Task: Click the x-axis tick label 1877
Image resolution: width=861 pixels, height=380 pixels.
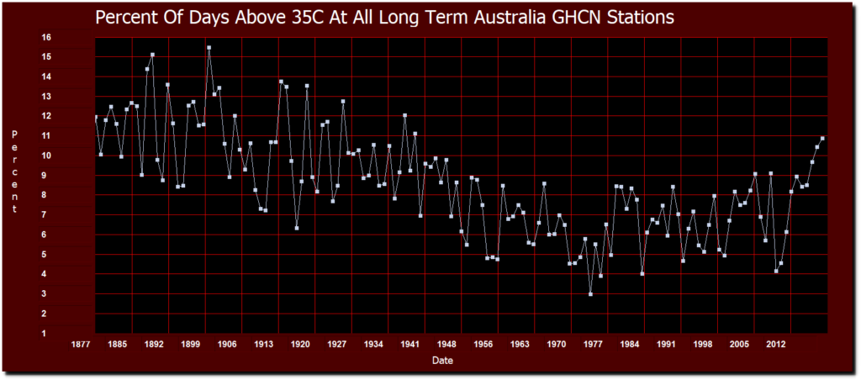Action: pyautogui.click(x=81, y=344)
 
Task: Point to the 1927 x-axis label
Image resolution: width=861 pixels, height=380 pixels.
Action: pyautogui.click(x=337, y=344)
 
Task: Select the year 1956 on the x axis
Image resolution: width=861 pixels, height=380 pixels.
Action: pyautogui.click(x=483, y=344)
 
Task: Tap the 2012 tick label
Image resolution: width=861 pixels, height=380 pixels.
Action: pyautogui.click(x=776, y=344)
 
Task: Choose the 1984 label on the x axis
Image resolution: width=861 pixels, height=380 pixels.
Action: pyautogui.click(x=630, y=344)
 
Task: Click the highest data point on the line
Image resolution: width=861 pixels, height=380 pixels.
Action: pyautogui.click(x=209, y=48)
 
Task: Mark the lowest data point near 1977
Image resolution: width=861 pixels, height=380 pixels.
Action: pyautogui.click(x=590, y=294)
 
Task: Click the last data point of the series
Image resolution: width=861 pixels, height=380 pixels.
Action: pyautogui.click(x=822, y=138)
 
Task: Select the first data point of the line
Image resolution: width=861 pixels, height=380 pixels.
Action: pyautogui.click(x=96, y=117)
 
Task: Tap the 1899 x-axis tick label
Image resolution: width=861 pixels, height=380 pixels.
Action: pyautogui.click(x=191, y=344)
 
